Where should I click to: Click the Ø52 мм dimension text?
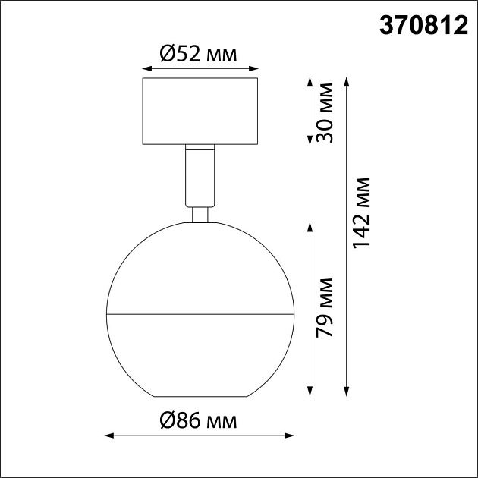click(199, 54)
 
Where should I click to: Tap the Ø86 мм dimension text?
click(199, 419)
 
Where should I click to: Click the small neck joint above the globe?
click(200, 215)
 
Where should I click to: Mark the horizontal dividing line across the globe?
click(200, 313)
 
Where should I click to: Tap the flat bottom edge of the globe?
click(200, 397)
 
